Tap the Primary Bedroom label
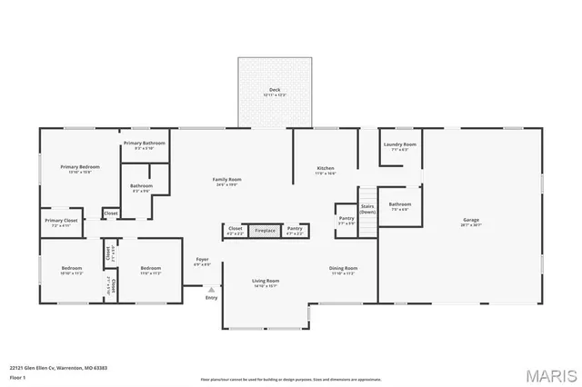pyautogui.click(x=80, y=167)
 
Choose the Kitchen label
pyautogui.click(x=326, y=169)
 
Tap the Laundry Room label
pyautogui.click(x=399, y=145)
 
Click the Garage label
pyautogui.click(x=471, y=220)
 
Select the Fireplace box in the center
pyautogui.click(x=265, y=231)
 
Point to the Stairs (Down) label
pyautogui.click(x=367, y=208)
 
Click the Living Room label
pyautogui.click(x=266, y=282)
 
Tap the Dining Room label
pyautogui.click(x=343, y=269)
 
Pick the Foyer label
pyautogui.click(x=203, y=261)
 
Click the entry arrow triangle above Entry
pyautogui.click(x=212, y=290)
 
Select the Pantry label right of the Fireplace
pyautogui.click(x=294, y=230)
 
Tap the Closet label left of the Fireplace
pyautogui.click(x=234, y=230)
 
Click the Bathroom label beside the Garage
pyautogui.click(x=399, y=204)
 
